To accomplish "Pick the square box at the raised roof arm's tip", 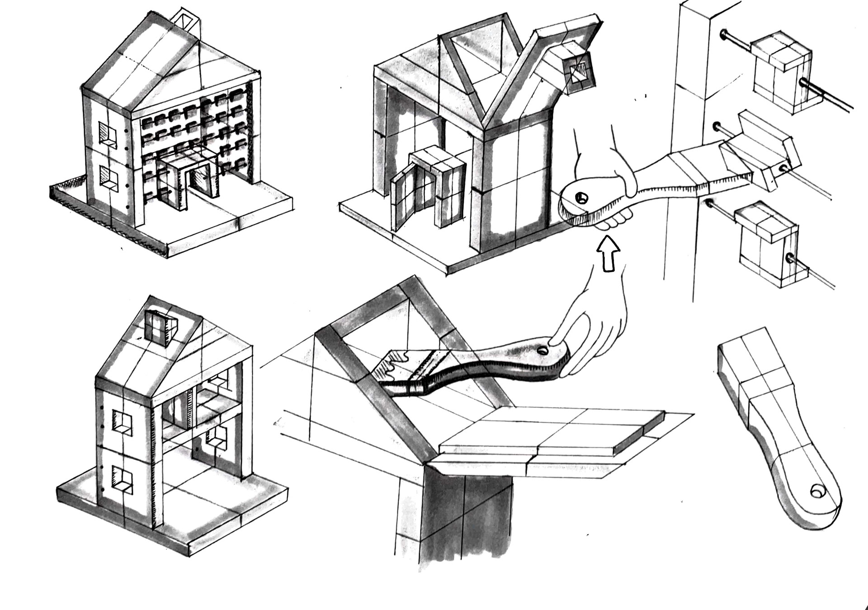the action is tap(578, 73).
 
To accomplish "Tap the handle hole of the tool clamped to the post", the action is tap(581, 198).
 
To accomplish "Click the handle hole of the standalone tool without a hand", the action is tap(816, 492).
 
